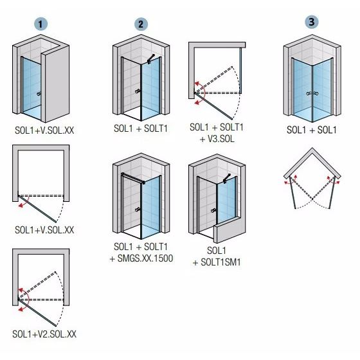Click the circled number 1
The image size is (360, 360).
point(42,24)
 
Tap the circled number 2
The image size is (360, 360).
point(141,24)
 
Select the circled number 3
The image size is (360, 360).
point(312,21)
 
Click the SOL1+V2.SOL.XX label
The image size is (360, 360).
point(44,334)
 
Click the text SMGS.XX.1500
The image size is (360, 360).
point(140,258)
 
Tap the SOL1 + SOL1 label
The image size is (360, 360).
point(311,129)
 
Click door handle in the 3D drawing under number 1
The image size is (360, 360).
point(40,94)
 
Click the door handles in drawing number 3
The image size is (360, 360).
point(312,94)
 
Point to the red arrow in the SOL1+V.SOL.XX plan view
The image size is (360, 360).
point(24,203)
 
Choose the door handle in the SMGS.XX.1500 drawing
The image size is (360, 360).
point(138,210)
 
